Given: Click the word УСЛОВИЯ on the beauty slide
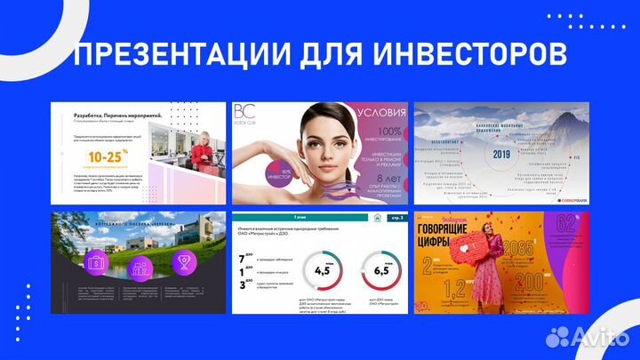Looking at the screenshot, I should (x=380, y=114).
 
